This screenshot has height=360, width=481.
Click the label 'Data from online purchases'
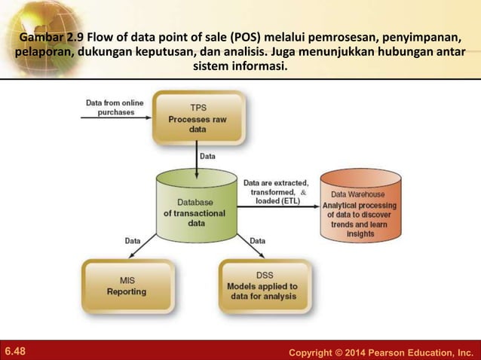click(110, 107)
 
